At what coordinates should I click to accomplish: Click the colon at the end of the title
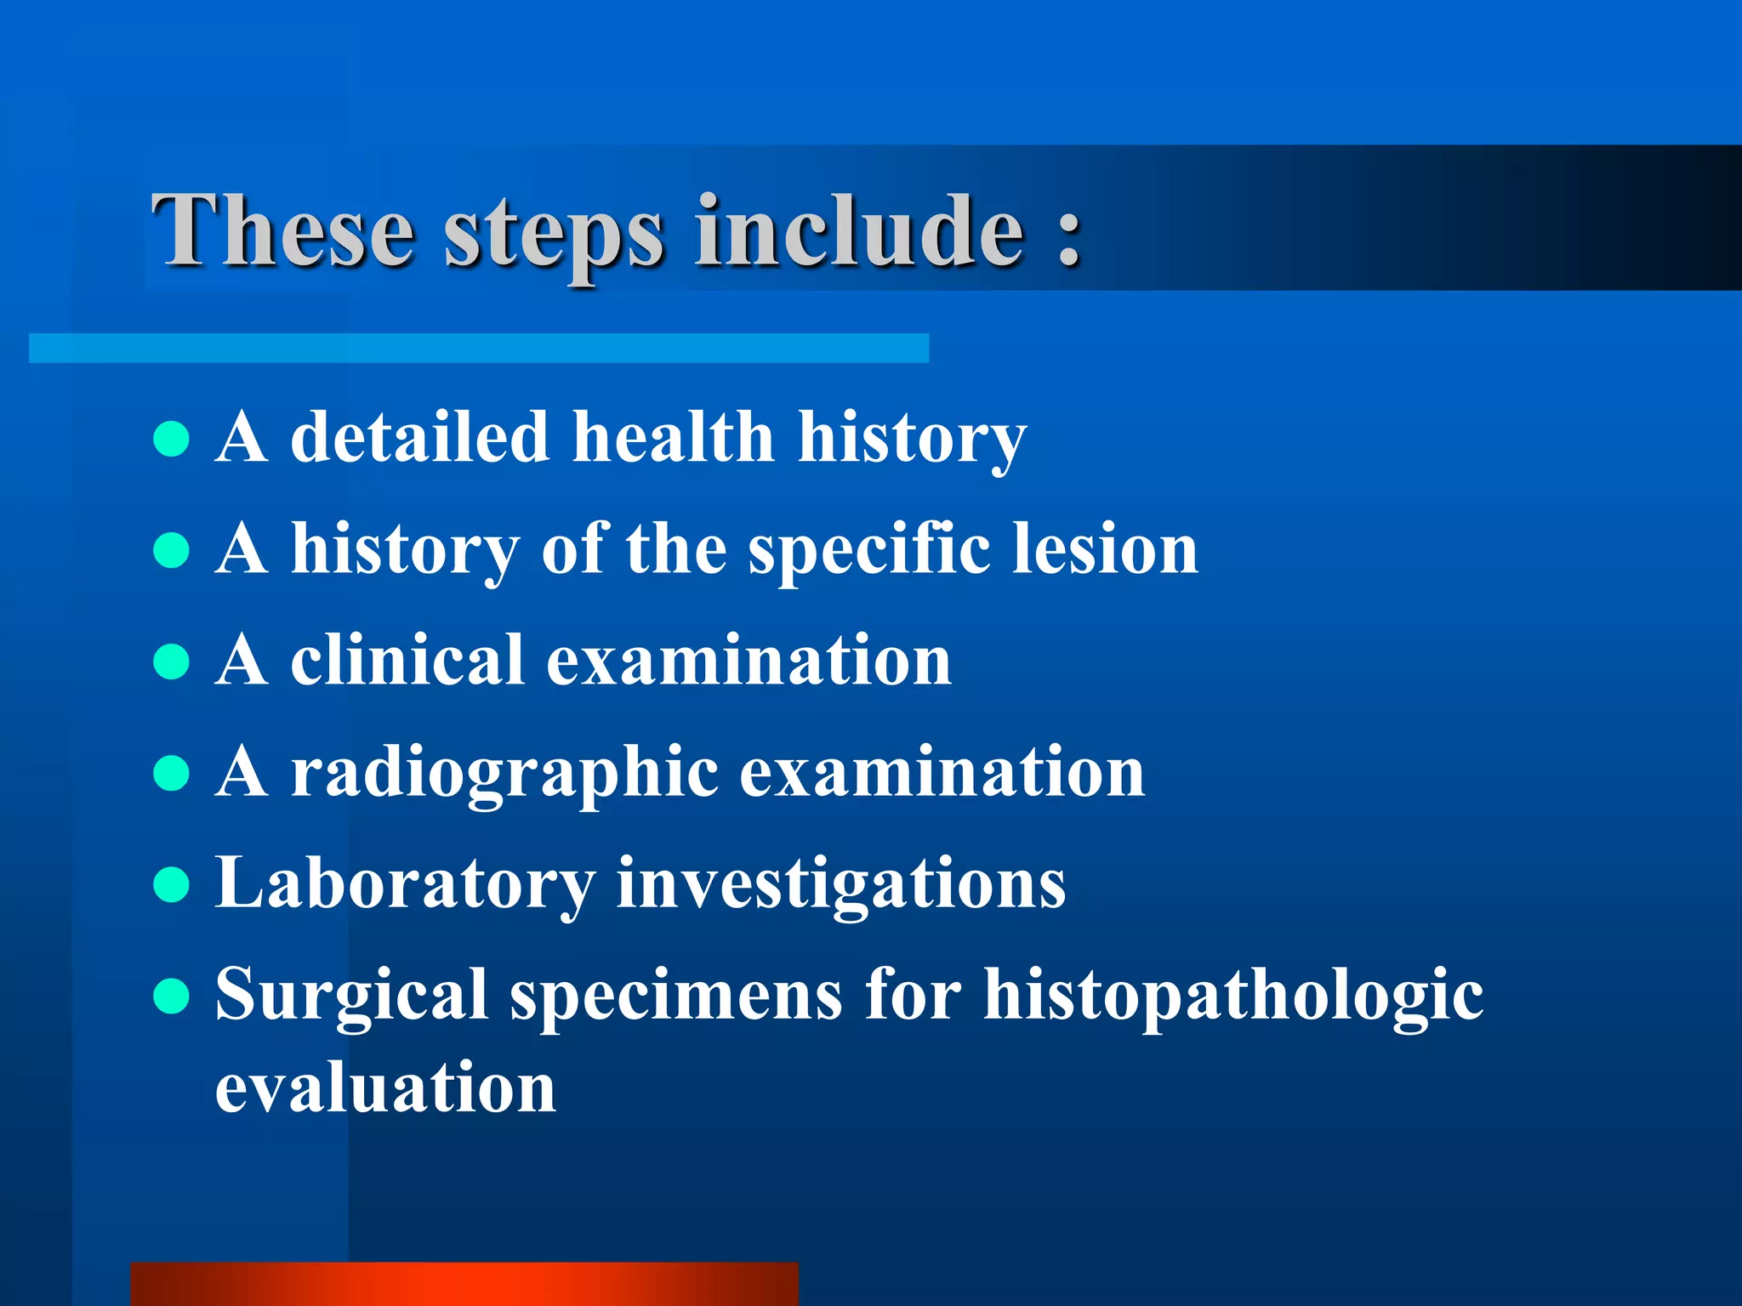(1069, 234)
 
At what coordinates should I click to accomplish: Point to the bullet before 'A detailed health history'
(172, 439)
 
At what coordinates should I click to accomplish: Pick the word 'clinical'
(407, 661)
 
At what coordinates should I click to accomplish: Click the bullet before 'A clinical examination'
(172, 662)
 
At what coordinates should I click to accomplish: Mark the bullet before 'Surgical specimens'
(172, 996)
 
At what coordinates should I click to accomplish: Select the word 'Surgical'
(351, 997)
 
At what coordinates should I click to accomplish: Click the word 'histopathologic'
(1233, 997)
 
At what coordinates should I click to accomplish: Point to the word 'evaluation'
(385, 1087)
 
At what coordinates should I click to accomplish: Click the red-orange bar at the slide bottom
(464, 1284)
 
